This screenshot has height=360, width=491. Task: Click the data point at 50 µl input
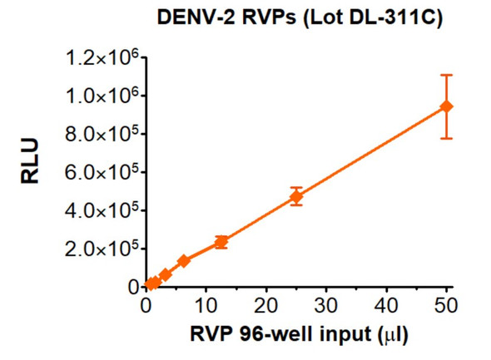click(x=447, y=106)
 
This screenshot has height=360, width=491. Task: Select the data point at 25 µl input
click(x=295, y=197)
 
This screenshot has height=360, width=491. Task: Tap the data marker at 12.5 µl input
click(x=221, y=242)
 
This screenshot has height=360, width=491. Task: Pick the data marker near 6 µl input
click(x=184, y=261)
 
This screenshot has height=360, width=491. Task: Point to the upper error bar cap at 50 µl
click(x=447, y=75)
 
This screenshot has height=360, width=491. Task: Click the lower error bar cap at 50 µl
click(x=447, y=138)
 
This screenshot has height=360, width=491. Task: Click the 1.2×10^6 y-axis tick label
click(x=98, y=57)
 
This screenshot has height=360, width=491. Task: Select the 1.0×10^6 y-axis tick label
click(x=98, y=96)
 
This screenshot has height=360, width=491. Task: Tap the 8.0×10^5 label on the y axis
click(x=98, y=134)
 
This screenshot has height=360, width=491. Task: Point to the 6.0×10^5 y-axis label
click(x=98, y=172)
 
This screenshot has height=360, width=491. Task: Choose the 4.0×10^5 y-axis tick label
click(x=98, y=210)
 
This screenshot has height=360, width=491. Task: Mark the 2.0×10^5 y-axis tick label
click(x=98, y=249)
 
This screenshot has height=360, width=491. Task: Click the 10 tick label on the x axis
click(x=206, y=305)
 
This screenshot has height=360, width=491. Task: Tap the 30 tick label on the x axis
click(x=326, y=305)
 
